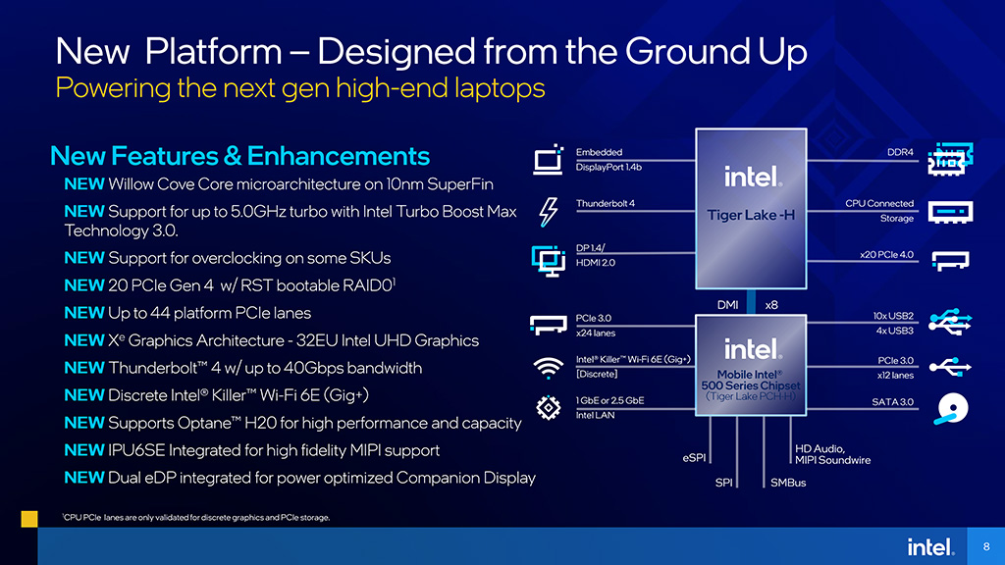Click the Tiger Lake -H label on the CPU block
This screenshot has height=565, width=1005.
coord(751,215)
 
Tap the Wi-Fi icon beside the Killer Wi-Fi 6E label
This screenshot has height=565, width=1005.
coord(548,368)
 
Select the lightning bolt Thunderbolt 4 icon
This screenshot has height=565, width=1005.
coord(548,212)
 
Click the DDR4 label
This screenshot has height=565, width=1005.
coord(901,152)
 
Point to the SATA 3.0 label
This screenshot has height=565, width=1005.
coord(893,402)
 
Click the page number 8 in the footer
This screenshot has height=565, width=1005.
coord(986,546)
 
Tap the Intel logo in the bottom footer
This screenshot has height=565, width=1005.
coord(930,547)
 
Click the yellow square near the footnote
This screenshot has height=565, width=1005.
coord(29,519)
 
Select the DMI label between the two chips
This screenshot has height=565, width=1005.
coord(727,305)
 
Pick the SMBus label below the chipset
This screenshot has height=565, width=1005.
coord(788,483)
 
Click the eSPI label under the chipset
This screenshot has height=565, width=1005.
coord(694,458)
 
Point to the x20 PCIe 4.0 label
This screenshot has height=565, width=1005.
coord(887,255)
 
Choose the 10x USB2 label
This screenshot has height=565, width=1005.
coord(893,316)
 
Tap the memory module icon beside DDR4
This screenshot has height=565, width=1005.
coord(950,159)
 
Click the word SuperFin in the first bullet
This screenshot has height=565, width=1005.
coord(460,184)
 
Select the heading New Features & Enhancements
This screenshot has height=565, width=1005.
coord(239,156)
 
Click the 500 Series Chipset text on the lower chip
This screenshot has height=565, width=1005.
coord(751,385)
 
